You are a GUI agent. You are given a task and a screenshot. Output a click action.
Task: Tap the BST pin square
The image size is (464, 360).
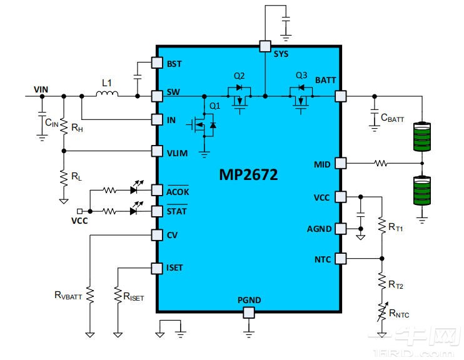click(x=158, y=63)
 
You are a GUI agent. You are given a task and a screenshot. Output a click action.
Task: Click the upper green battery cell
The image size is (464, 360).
click(x=423, y=136)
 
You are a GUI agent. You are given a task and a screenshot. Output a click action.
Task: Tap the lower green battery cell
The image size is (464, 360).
click(x=423, y=191)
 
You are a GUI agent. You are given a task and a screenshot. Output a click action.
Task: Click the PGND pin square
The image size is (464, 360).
click(x=249, y=312)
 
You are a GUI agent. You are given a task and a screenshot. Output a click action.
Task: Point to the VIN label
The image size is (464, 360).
click(x=41, y=90)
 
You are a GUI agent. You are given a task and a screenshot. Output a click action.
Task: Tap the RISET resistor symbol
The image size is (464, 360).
click(x=118, y=294)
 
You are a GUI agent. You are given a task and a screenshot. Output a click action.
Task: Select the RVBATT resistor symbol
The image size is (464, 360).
click(x=90, y=294)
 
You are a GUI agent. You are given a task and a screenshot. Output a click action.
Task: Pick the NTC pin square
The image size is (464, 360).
click(x=340, y=258)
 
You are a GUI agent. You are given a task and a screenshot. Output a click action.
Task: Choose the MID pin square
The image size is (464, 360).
click(x=340, y=163)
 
